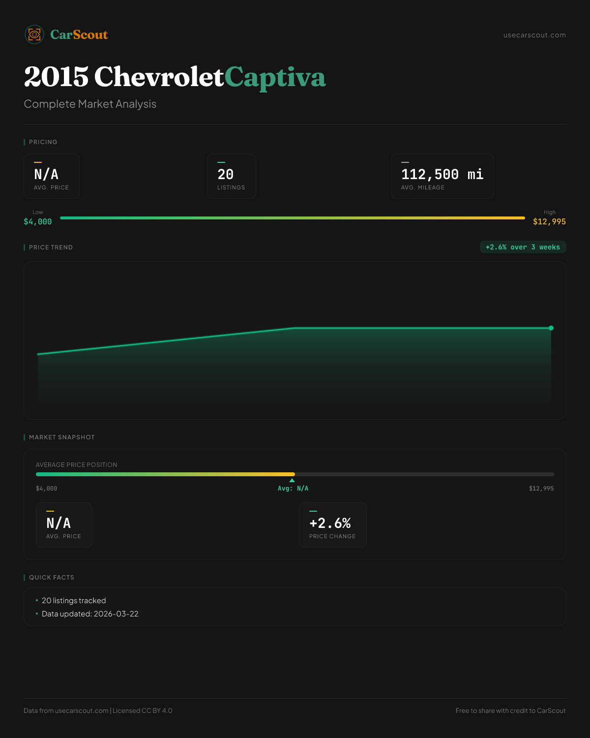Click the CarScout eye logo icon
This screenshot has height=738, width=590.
point(34,34)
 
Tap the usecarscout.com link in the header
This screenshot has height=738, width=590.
point(534,35)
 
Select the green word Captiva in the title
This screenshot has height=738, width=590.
point(275,77)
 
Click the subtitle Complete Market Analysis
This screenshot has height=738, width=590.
point(90,104)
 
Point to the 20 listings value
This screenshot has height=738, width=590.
point(226,174)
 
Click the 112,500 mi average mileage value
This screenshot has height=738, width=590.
point(442,174)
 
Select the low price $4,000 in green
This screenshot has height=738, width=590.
point(38,222)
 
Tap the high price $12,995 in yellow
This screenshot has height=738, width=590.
point(549,222)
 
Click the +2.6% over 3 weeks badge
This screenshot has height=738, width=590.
point(523,247)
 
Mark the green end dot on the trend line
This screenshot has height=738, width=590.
point(551,328)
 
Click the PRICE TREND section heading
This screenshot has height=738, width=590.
point(51,247)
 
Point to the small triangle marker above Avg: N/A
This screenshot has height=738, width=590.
point(292,480)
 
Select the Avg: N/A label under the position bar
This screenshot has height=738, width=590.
point(293,489)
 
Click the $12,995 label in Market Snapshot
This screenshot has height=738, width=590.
point(541,489)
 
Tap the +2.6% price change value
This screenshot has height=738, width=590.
point(330,523)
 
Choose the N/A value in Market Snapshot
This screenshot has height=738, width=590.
point(59,523)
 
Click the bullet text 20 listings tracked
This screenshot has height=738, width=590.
point(74,601)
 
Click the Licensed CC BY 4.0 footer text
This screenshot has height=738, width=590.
point(143,710)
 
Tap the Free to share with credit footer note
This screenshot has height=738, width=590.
point(510,710)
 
